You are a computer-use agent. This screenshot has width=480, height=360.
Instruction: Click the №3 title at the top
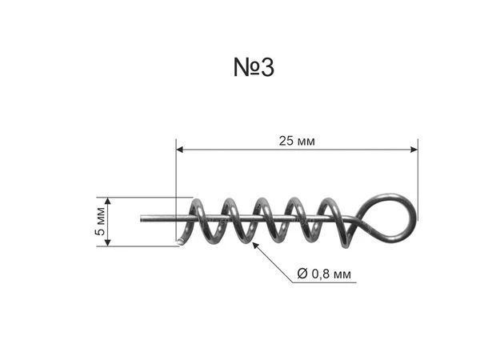pyautogui.click(x=254, y=67)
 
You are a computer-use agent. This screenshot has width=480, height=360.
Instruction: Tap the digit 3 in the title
pyautogui.click(x=267, y=67)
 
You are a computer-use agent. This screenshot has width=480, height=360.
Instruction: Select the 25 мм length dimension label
pyautogui.click(x=297, y=141)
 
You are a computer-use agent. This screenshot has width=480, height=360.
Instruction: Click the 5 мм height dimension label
pyautogui.click(x=100, y=222)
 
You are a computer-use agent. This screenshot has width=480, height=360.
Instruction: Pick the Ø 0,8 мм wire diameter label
pyautogui.click(x=324, y=274)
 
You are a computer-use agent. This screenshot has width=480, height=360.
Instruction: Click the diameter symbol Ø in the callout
pyautogui.click(x=302, y=274)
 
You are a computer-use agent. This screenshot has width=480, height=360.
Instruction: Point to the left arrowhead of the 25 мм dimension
pyautogui.click(x=180, y=150)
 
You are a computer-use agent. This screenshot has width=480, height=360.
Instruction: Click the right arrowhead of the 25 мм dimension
pyautogui.click(x=414, y=150)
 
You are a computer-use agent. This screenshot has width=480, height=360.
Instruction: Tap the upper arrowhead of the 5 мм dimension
pyautogui.click(x=107, y=201)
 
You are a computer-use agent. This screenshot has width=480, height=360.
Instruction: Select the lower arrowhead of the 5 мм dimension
pyautogui.click(x=107, y=242)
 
